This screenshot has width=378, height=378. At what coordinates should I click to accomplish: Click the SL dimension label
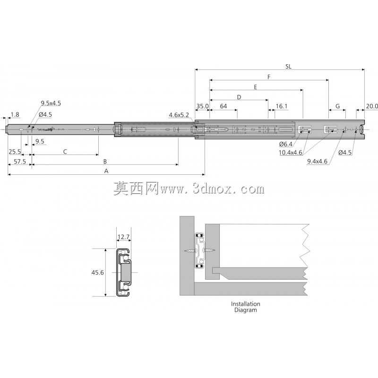(x=288, y=67)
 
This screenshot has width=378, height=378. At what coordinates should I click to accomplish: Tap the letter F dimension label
(x=269, y=77)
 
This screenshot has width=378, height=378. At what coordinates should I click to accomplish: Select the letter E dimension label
(x=256, y=87)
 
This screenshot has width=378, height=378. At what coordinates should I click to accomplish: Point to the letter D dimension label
(x=239, y=97)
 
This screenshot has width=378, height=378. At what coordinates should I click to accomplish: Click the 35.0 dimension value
(x=202, y=106)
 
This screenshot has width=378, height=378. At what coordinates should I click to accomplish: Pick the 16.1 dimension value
(x=282, y=106)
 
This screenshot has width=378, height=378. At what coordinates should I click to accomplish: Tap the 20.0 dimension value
(x=372, y=106)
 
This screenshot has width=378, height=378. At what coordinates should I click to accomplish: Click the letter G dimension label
(x=337, y=106)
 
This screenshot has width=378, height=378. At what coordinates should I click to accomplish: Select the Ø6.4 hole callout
(x=286, y=144)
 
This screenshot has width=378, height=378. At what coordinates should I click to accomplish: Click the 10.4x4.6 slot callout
(x=291, y=153)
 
